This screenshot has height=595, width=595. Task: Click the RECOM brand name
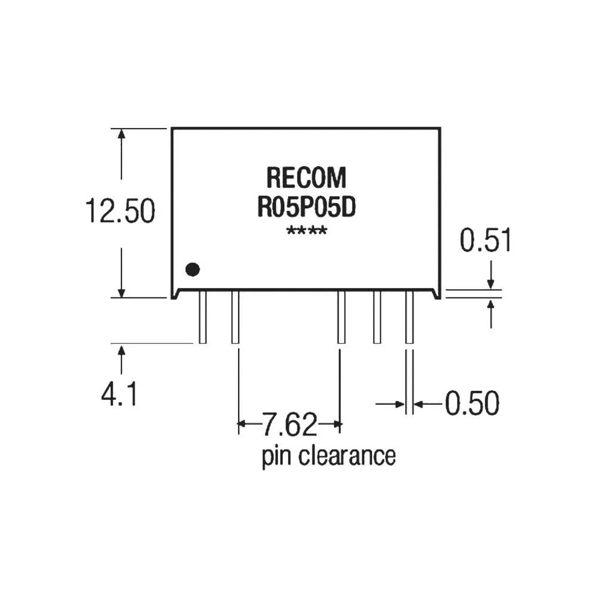305,178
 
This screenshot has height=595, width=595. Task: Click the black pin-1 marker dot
192,270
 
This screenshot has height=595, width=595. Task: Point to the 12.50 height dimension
120,212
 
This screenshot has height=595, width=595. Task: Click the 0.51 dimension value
486,241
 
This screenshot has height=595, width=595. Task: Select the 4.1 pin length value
119,394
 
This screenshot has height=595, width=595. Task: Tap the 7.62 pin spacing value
290,425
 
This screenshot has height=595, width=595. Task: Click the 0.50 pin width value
471,404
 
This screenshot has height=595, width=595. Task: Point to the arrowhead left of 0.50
400,405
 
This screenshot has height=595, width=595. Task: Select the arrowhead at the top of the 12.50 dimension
122,133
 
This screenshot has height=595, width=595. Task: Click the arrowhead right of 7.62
339,425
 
